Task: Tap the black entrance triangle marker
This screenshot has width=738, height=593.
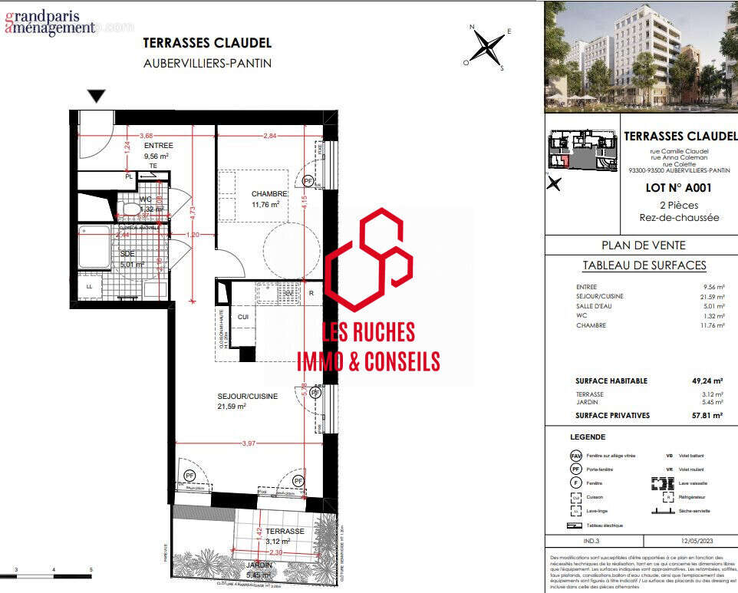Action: [96, 96]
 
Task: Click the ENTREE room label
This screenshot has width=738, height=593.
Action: [158, 145]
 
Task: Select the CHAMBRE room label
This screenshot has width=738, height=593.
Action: [269, 194]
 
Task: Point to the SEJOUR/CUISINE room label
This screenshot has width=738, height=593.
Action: [247, 396]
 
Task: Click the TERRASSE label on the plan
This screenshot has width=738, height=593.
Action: [285, 531]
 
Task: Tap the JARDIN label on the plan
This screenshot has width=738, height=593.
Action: [259, 565]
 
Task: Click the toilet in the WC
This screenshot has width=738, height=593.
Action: [131, 208]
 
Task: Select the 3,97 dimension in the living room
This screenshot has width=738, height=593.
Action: [247, 444]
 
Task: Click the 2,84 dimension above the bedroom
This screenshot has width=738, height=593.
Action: [269, 136]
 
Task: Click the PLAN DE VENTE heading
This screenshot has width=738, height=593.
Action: [644, 245]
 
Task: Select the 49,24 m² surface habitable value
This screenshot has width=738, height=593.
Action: [707, 381]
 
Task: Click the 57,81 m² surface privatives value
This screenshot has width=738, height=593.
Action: [707, 415]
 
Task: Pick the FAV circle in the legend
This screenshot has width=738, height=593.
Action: [575, 456]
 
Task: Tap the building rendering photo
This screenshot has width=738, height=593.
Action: [641, 58]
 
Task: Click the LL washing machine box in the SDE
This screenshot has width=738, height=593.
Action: [89, 286]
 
